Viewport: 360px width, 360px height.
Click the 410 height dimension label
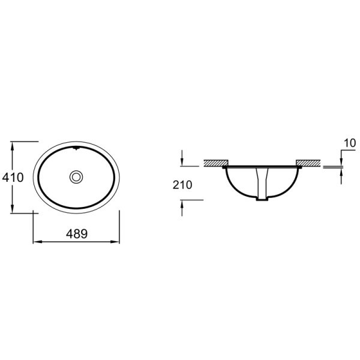(x=13, y=177)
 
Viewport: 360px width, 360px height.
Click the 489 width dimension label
(x=77, y=234)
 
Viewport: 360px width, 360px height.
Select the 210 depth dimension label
(x=182, y=185)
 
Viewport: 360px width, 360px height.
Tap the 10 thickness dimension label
(x=350, y=143)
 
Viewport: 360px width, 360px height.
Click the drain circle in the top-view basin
(x=76, y=177)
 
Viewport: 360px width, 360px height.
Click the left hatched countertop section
(x=216, y=163)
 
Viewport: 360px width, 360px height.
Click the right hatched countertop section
(x=308, y=163)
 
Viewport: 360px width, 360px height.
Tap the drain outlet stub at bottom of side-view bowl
(x=262, y=199)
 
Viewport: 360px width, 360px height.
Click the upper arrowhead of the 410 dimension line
(x=13, y=146)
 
